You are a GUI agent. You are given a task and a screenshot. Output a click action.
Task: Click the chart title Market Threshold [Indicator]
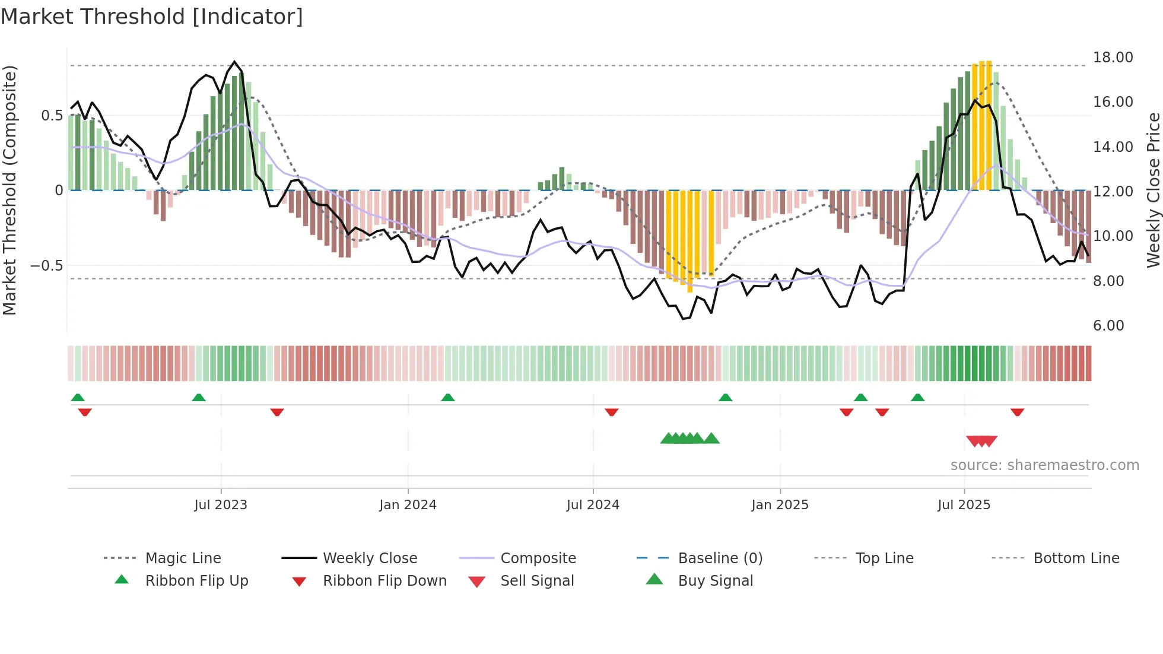[152, 17]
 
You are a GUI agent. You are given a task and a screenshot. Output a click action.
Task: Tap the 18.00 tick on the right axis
[1113, 58]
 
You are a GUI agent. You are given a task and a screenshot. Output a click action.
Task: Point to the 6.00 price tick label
[1108, 326]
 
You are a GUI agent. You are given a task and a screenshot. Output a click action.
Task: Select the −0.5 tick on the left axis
[47, 265]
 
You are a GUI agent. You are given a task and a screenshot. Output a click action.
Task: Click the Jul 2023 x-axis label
[221, 505]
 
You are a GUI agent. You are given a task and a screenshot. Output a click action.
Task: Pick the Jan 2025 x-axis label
[780, 505]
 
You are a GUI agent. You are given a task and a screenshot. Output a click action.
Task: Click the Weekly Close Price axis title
[1153, 190]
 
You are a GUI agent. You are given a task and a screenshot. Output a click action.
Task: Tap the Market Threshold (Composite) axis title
[9, 190]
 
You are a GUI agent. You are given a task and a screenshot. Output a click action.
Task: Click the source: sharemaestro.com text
[1044, 465]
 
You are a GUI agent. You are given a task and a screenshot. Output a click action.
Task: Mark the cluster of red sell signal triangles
[981, 441]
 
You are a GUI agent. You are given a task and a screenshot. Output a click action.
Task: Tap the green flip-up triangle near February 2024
[448, 398]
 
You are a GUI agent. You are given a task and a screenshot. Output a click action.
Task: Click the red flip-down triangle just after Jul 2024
[612, 412]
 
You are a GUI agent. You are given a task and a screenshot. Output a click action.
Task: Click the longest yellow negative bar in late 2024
[689, 240]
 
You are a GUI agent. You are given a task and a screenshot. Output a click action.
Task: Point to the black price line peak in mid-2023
[234, 62]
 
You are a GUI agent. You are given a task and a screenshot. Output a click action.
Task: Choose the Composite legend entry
[538, 558]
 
